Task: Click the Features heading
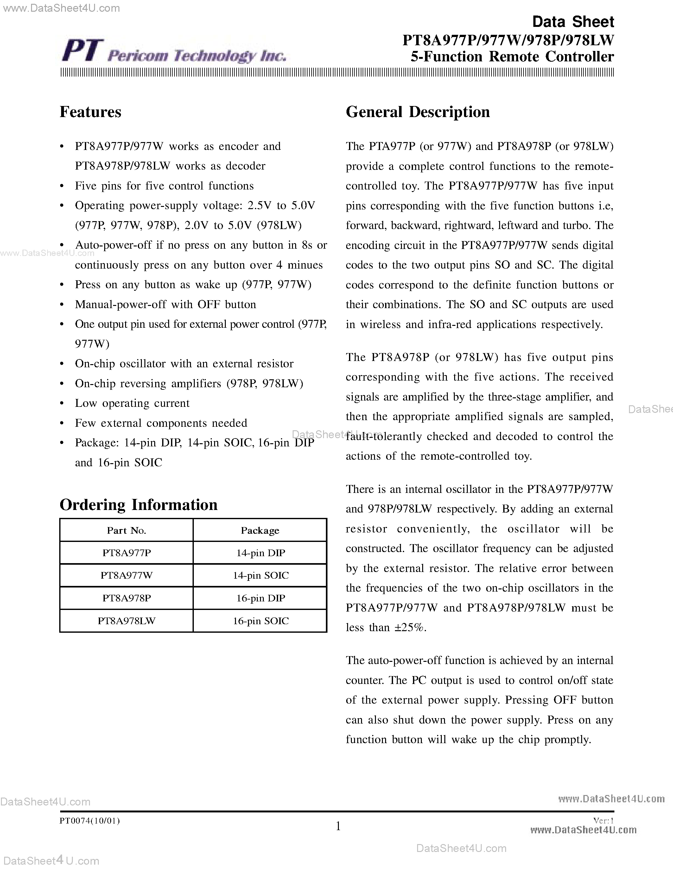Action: pyautogui.click(x=91, y=112)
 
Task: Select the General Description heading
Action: pyautogui.click(x=417, y=112)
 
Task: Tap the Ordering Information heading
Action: pyautogui.click(x=138, y=505)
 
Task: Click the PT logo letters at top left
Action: pyautogui.click(x=83, y=51)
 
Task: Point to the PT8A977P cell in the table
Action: pyautogui.click(x=126, y=553)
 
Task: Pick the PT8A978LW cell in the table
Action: pyautogui.click(x=126, y=621)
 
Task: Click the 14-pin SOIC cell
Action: pyautogui.click(x=260, y=575)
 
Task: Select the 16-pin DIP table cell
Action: pyautogui.click(x=260, y=598)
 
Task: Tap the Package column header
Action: pyautogui.click(x=260, y=531)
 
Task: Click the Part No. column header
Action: pyautogui.click(x=126, y=531)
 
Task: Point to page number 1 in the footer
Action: pyautogui.click(x=338, y=826)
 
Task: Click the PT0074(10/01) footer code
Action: pyautogui.click(x=90, y=821)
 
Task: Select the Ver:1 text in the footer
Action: pyautogui.click(x=603, y=821)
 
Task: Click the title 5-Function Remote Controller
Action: pyautogui.click(x=512, y=57)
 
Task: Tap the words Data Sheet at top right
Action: pyautogui.click(x=573, y=22)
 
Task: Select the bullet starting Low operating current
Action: pyautogui.click(x=132, y=403)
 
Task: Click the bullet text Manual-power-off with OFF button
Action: pyautogui.click(x=165, y=304)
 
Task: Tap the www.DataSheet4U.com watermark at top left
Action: pyautogui.click(x=60, y=8)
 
